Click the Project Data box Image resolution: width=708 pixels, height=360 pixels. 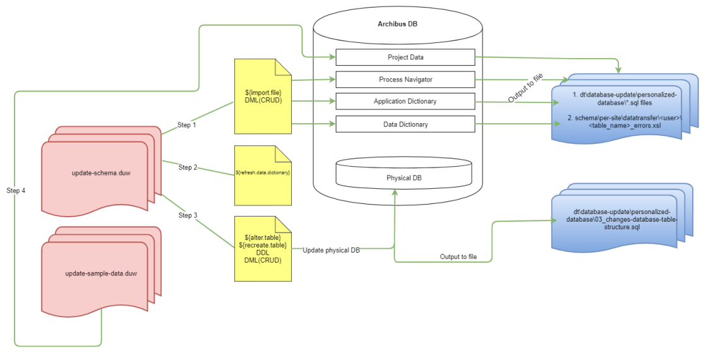coord(405,57)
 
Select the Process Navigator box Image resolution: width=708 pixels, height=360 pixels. coord(405,80)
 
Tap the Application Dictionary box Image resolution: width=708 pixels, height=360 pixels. coord(405,102)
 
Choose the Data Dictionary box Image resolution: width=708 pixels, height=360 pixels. coord(405,124)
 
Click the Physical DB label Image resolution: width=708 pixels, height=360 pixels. coord(404,178)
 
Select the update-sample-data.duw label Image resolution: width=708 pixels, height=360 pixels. coord(101,273)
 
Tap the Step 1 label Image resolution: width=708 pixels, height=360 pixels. coord(186,125)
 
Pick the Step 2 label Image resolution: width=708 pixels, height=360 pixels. coord(188,167)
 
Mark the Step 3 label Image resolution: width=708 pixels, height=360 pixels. coord(188,215)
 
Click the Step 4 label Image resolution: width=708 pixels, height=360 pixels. coord(16,190)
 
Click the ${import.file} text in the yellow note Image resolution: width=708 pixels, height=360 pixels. coord(262,92)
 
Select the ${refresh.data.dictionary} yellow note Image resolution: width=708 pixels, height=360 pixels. coord(262,172)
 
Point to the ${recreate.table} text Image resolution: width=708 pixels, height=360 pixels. coord(263,245)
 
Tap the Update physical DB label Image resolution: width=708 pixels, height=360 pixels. coord(331,250)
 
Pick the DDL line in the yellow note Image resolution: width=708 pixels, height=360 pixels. coord(263,253)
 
